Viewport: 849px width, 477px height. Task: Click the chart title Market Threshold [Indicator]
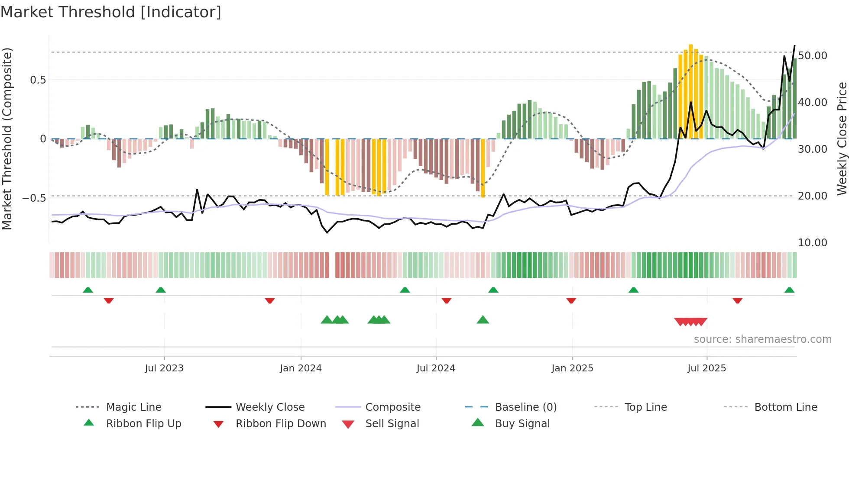pyautogui.click(x=111, y=12)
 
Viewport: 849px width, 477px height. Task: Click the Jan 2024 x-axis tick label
pyautogui.click(x=301, y=368)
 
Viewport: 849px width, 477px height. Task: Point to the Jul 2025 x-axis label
pyautogui.click(x=706, y=368)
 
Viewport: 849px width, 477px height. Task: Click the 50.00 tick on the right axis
pyautogui.click(x=813, y=56)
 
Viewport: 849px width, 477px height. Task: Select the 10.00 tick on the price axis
pyautogui.click(x=813, y=243)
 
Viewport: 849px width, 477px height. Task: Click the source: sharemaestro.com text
pyautogui.click(x=762, y=339)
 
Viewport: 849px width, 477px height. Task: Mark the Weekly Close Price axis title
pyautogui.click(x=842, y=139)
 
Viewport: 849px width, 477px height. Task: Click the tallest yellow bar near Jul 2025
pyautogui.click(x=691, y=91)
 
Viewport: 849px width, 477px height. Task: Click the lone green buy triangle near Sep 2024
pyautogui.click(x=483, y=320)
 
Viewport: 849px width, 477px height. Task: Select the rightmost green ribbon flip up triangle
pyautogui.click(x=789, y=290)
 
